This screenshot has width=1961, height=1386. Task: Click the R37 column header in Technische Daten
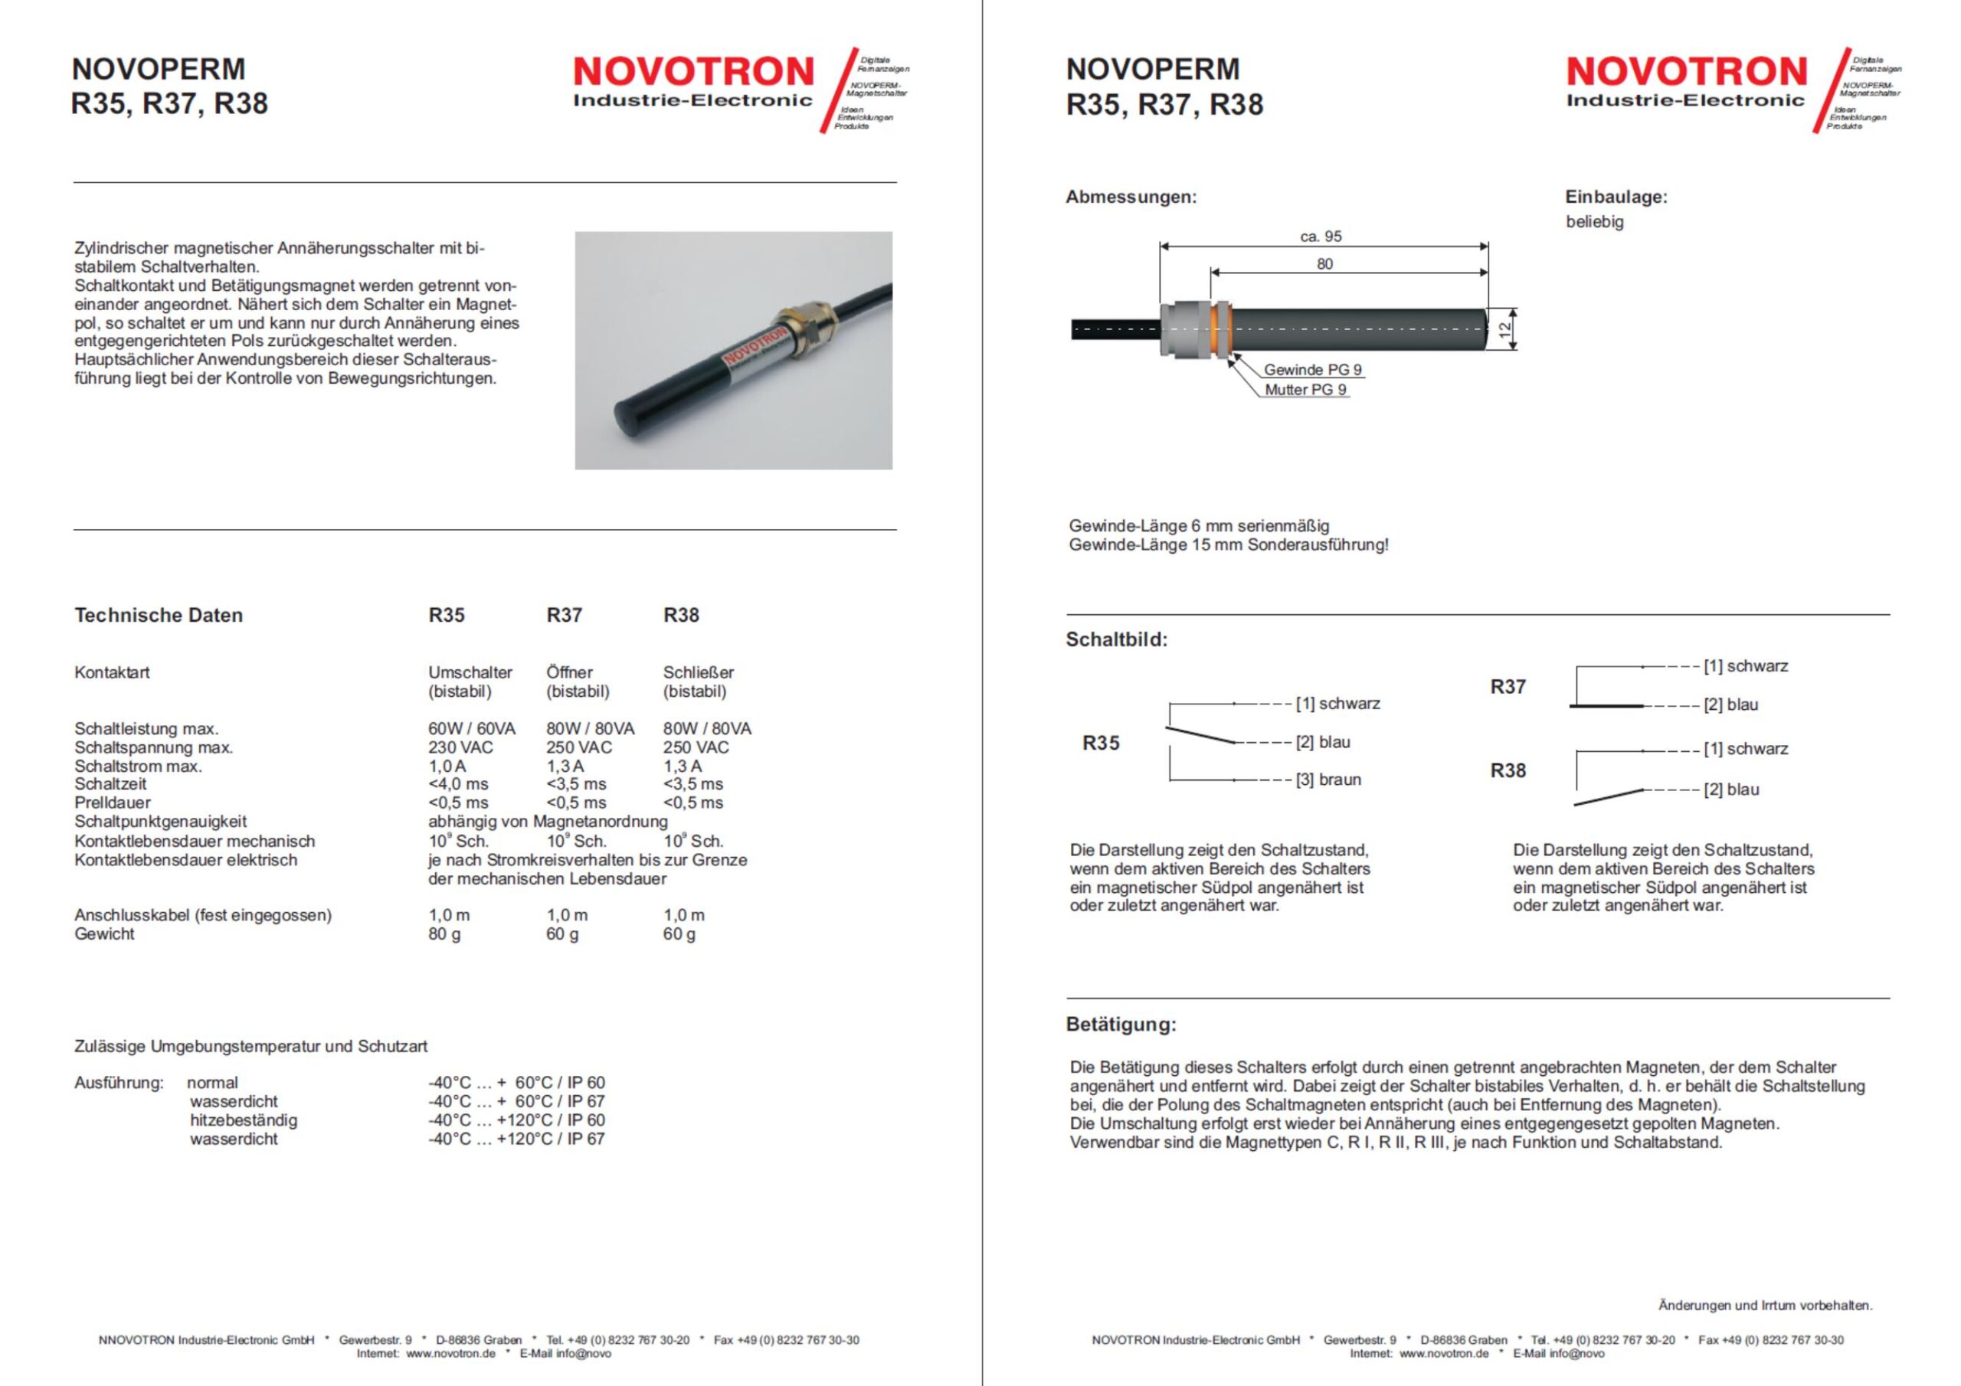coord(564,615)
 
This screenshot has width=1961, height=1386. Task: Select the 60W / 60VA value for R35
coord(471,728)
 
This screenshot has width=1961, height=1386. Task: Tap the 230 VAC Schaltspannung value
coord(460,747)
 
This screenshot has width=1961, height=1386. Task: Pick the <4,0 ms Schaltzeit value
coord(458,784)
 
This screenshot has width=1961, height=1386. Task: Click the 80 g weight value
coord(444,933)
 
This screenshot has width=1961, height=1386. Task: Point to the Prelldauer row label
coord(112,803)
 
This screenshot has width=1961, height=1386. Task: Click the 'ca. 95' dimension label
coord(1321,237)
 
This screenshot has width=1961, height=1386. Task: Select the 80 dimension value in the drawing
coord(1324,264)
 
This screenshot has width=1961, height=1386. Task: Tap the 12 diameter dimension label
coord(1505,328)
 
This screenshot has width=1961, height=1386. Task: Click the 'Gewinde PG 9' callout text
coord(1313,370)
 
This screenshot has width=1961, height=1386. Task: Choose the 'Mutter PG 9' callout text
coord(1305,390)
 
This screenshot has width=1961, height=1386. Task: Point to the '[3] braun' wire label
coord(1328,780)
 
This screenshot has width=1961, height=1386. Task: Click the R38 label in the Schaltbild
coord(1508,770)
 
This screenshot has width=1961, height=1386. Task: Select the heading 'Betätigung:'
coord(1121,1024)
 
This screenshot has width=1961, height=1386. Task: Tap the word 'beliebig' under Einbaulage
coord(1594,222)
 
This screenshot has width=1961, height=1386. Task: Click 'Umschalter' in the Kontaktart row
coord(470,672)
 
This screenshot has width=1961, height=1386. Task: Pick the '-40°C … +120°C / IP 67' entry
coord(516,1139)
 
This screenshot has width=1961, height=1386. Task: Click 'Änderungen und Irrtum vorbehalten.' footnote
coord(1765,1305)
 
